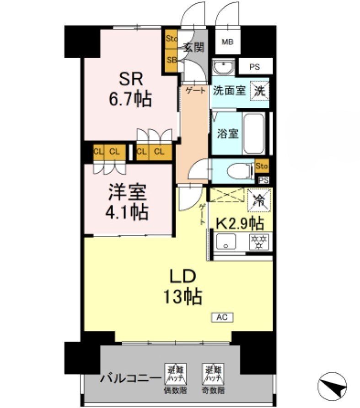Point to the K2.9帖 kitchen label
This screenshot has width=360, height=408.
240,223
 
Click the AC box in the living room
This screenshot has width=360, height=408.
222,317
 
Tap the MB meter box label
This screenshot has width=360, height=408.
227,42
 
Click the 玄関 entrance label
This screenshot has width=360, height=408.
193,47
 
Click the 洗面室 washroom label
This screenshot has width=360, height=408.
229,90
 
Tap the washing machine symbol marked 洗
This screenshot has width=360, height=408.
260,90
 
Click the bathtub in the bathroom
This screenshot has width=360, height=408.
254,133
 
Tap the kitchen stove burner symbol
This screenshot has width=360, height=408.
259,242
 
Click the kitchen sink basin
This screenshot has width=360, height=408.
226,242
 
